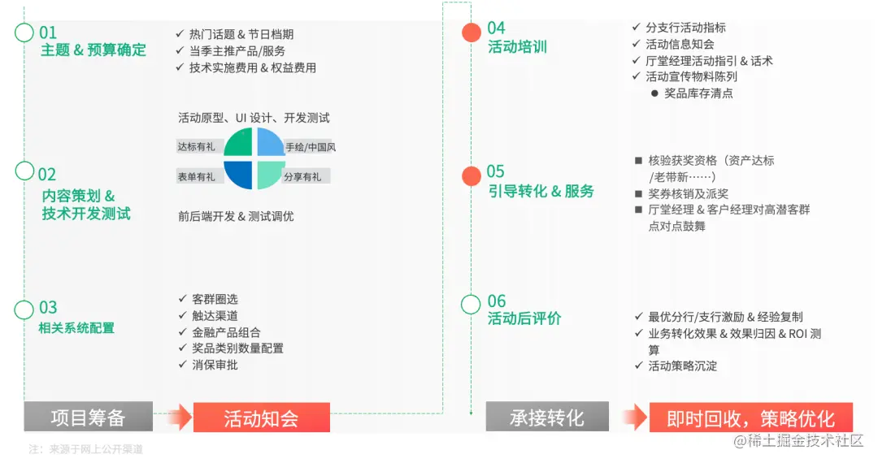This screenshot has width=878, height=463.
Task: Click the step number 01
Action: (x=48, y=32)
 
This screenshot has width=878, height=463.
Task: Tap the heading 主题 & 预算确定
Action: (x=93, y=50)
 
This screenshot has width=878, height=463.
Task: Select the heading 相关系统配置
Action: (x=76, y=328)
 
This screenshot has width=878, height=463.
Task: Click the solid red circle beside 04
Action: (x=472, y=32)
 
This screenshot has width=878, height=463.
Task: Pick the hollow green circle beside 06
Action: (x=472, y=305)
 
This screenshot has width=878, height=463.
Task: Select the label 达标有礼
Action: (x=197, y=147)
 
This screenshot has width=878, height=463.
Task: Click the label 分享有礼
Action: (x=302, y=176)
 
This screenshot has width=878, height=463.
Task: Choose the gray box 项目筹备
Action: (x=88, y=418)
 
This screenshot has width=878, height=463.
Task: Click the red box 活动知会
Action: (x=261, y=418)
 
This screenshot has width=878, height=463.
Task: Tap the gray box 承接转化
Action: (x=546, y=418)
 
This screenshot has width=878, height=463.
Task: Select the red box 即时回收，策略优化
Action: (x=750, y=418)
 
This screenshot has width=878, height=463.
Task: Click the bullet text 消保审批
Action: (x=215, y=365)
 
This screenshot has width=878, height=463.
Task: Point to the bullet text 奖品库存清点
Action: (x=698, y=93)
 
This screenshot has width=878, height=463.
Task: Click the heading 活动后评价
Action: (x=524, y=318)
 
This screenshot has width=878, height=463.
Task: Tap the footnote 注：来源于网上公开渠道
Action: (x=85, y=448)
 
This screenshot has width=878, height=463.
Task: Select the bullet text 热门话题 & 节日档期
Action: (x=241, y=34)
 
